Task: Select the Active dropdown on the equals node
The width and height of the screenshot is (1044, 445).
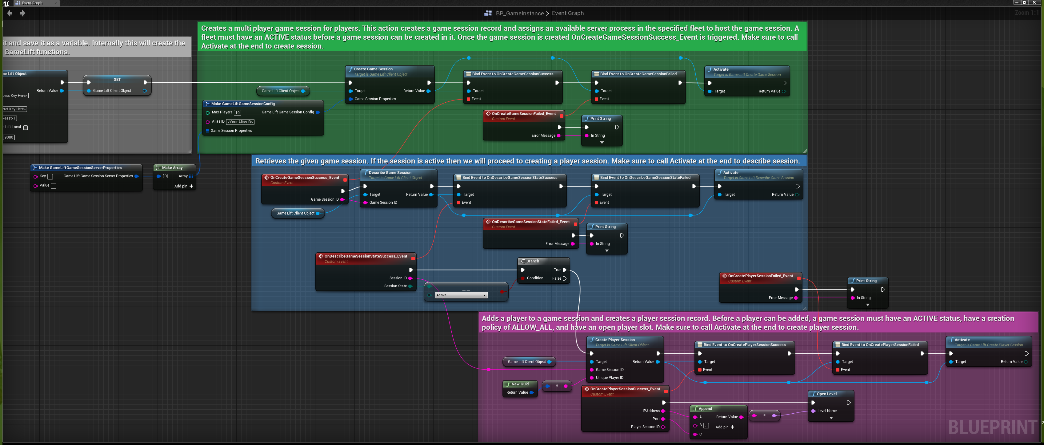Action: tap(461, 295)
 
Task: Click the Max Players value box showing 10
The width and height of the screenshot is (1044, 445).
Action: tap(238, 112)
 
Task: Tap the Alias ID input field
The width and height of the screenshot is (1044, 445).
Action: tap(240, 122)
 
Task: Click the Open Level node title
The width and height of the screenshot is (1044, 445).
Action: tap(826, 394)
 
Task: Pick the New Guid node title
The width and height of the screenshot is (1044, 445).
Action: tap(520, 384)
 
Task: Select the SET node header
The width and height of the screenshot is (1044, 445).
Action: tap(117, 79)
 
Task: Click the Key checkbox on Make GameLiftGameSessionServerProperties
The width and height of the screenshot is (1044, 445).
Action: tap(50, 176)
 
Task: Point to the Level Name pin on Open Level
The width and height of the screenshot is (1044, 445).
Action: tap(814, 411)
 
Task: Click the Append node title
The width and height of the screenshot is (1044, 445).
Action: tap(705, 408)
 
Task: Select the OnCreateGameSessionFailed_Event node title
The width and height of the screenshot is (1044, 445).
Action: tap(524, 114)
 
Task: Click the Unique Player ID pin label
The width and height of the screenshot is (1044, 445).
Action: tap(609, 378)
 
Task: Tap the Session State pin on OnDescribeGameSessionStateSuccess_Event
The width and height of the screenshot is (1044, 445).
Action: tap(410, 286)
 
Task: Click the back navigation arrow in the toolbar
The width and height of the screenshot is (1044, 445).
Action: tap(10, 13)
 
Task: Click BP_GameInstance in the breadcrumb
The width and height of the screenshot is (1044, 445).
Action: tap(520, 13)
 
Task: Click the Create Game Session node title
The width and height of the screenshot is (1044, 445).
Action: tap(373, 69)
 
